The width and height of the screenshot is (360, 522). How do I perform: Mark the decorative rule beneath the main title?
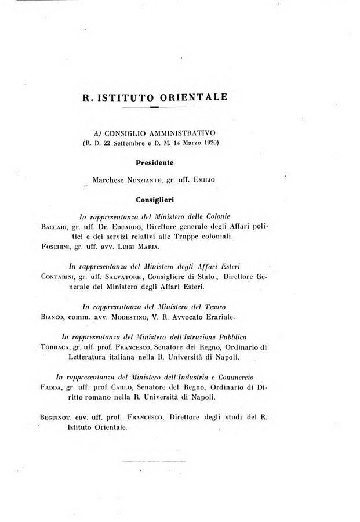point(155,108)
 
